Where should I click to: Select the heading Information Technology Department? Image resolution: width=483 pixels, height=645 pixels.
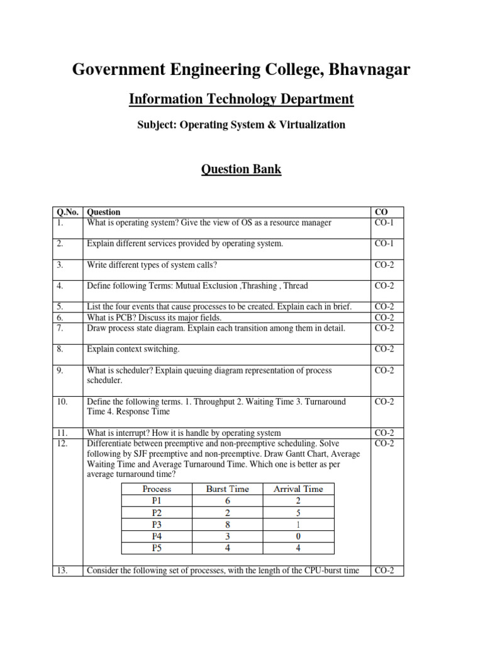[x=241, y=99]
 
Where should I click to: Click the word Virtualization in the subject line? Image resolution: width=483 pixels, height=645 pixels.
[x=314, y=125]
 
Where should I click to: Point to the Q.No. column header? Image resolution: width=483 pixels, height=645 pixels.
[x=66, y=212]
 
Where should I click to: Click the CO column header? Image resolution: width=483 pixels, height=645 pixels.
[x=380, y=212]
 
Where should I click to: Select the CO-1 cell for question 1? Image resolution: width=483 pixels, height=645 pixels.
[x=384, y=222]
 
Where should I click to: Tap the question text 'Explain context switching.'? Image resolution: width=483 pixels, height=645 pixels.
[x=133, y=349]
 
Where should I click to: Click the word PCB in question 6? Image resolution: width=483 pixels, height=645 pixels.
[x=123, y=317]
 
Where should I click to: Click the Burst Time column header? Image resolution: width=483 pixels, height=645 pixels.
[x=227, y=489]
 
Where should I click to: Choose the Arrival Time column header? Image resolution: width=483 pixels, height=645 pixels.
[x=297, y=489]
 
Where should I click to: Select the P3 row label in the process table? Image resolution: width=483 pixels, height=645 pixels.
[x=157, y=524]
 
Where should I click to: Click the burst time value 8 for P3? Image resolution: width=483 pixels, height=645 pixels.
[x=227, y=524]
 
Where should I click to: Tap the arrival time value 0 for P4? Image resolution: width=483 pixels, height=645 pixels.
[x=298, y=536]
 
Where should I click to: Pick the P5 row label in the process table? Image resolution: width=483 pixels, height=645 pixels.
[x=157, y=548]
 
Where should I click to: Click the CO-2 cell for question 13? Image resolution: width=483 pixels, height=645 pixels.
[x=384, y=571]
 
